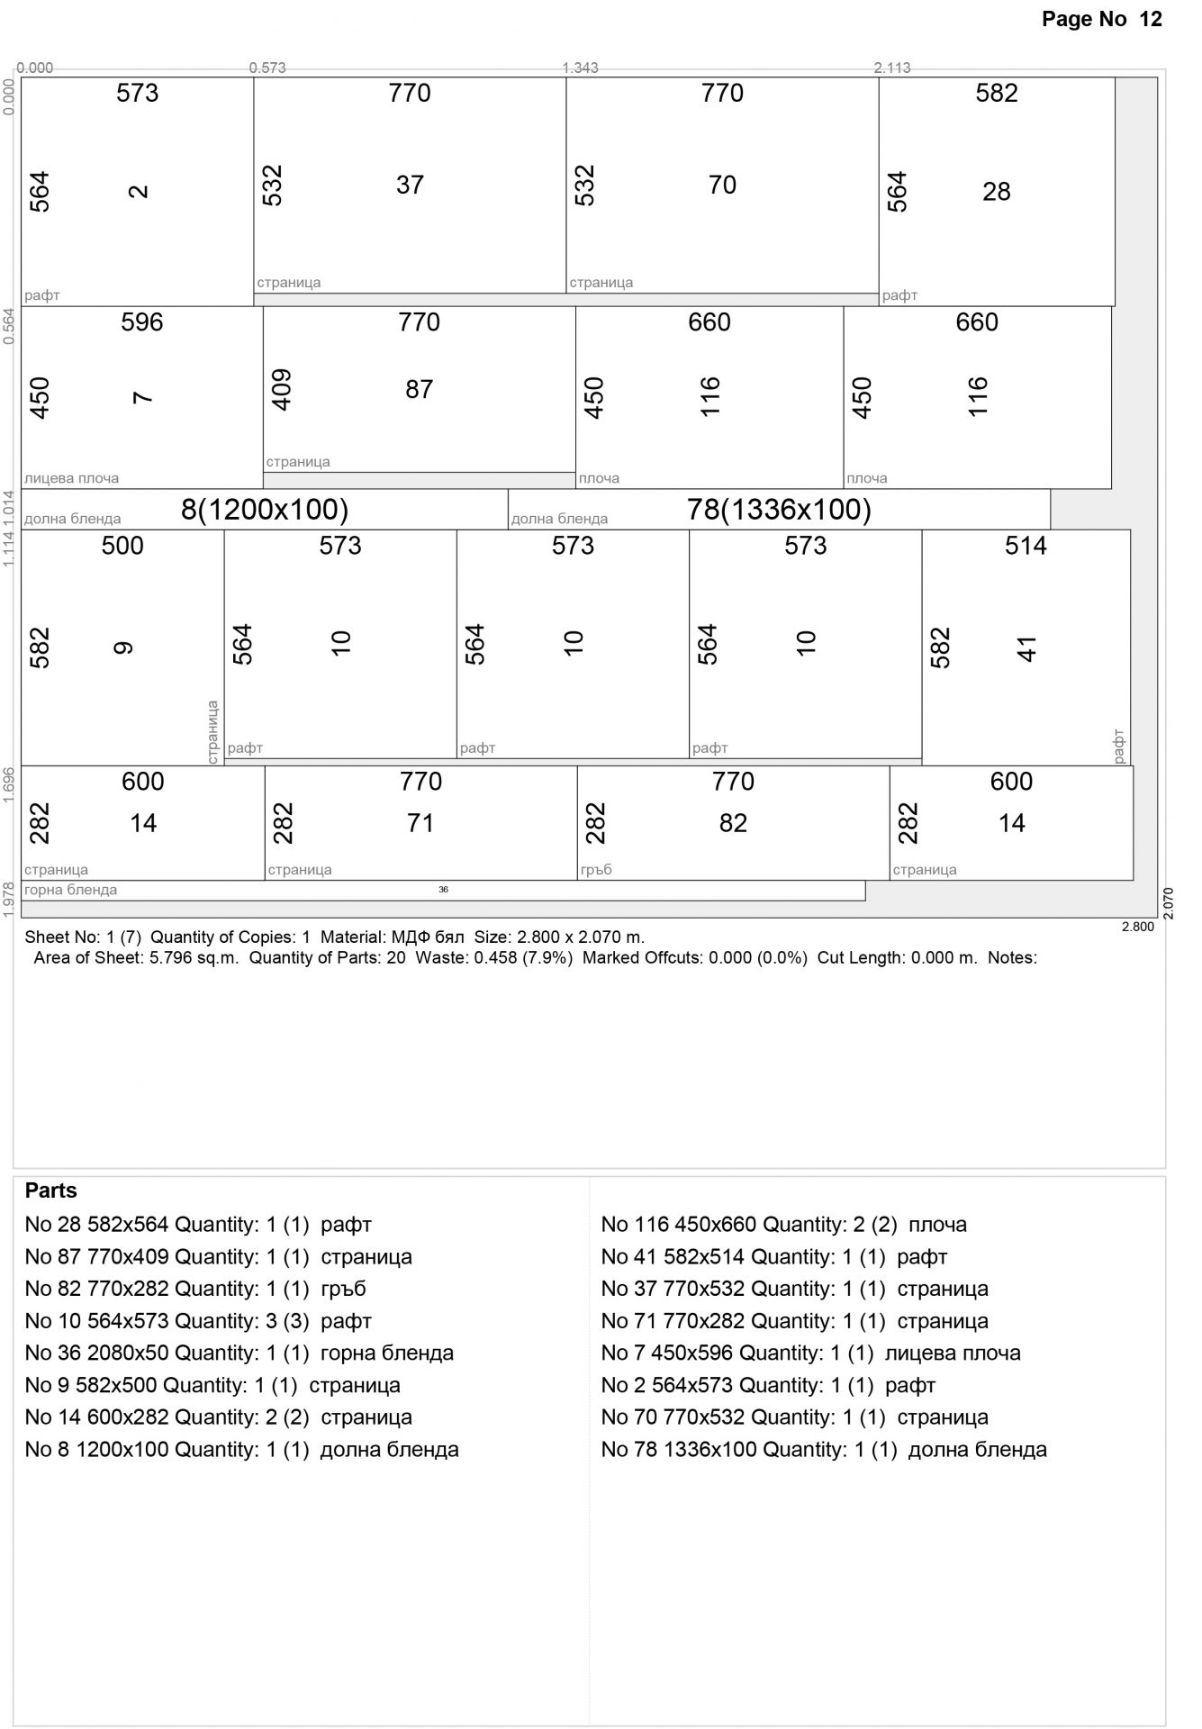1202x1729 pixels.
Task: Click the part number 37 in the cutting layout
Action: pyautogui.click(x=410, y=185)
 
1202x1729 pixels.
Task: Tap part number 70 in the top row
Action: pyautogui.click(x=722, y=185)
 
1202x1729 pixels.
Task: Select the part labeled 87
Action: pyautogui.click(x=419, y=389)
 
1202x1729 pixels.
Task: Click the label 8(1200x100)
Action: pyautogui.click(x=265, y=510)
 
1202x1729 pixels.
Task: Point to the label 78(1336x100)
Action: pyautogui.click(x=779, y=510)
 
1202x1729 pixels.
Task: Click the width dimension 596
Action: pyautogui.click(x=142, y=322)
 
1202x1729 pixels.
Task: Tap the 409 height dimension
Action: pyautogui.click(x=282, y=389)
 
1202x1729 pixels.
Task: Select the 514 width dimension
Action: pyautogui.click(x=1026, y=546)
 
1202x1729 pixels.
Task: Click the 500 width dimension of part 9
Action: pyautogui.click(x=122, y=546)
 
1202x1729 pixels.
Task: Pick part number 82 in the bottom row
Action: pyautogui.click(x=733, y=823)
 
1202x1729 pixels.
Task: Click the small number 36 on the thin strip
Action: pyautogui.click(x=443, y=890)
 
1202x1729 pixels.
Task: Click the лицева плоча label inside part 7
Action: pyautogui.click(x=71, y=478)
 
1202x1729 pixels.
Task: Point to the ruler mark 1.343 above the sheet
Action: pyautogui.click(x=580, y=68)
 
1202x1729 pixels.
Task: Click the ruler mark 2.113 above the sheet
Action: pyautogui.click(x=892, y=68)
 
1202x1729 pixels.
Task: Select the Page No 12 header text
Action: pyautogui.click(x=1102, y=19)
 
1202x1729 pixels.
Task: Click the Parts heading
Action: pyautogui.click(x=51, y=1190)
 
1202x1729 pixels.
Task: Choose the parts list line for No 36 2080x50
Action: pyautogui.click(x=239, y=1353)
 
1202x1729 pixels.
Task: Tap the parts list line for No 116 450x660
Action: pyautogui.click(x=783, y=1225)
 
